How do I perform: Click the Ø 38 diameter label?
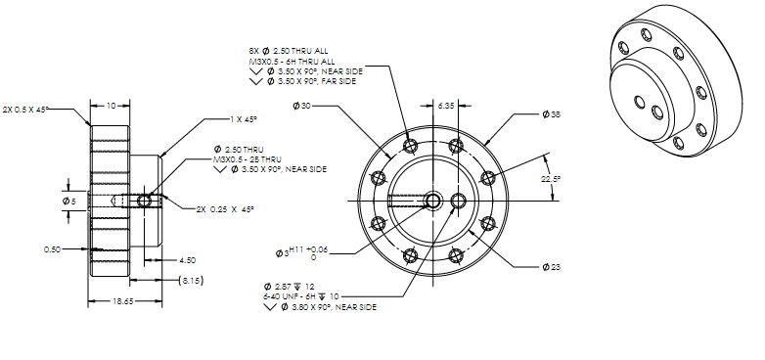point(552,115)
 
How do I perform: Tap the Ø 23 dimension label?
point(552,266)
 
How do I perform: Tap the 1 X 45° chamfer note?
point(243,119)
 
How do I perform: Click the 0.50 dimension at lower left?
point(54,249)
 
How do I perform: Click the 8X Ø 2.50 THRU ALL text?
point(292,51)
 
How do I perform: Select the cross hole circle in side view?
point(145,201)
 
